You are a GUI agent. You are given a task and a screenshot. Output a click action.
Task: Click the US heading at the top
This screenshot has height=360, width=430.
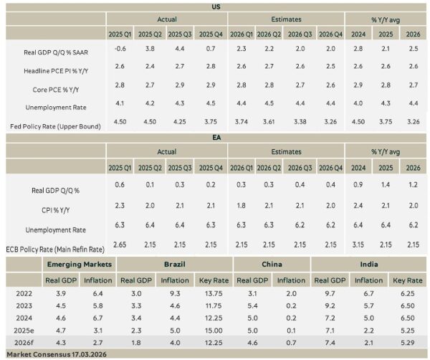pos(216,6)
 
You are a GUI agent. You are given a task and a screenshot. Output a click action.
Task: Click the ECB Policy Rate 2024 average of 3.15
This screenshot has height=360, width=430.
pos(360,245)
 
